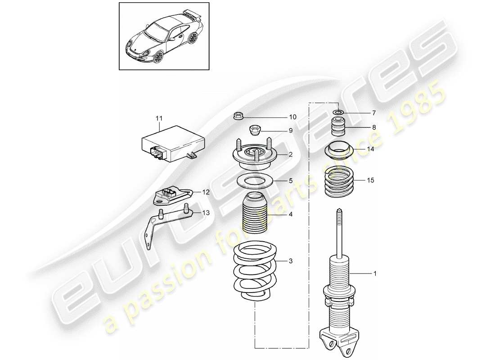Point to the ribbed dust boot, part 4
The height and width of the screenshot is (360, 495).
coord(255,214)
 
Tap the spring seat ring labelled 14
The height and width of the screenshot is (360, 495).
coord(338,149)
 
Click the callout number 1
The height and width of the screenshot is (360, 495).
coord(375,273)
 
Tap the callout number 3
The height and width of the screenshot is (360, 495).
coord(291,261)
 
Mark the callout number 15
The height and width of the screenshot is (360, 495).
coord(370,180)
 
